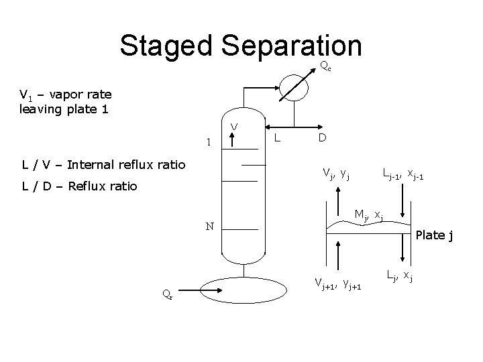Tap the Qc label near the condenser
(324, 66)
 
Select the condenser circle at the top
(294, 86)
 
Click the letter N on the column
(209, 227)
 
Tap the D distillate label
(323, 138)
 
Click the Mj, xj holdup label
(368, 215)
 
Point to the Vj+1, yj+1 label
(339, 284)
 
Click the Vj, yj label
(336, 175)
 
